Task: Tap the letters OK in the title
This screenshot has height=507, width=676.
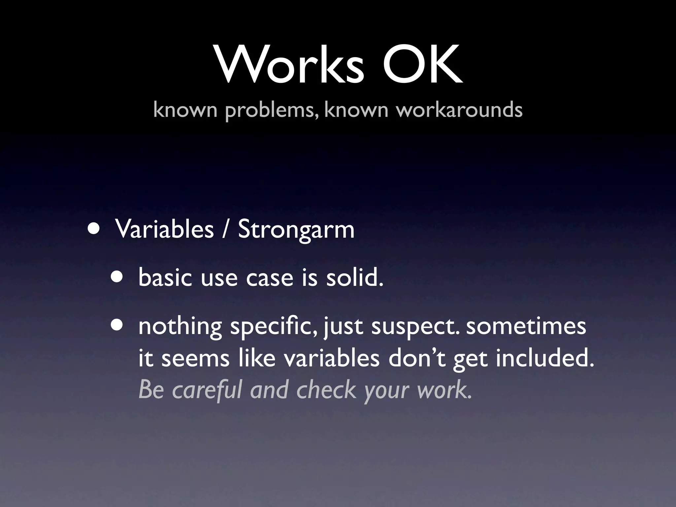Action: [x=422, y=64]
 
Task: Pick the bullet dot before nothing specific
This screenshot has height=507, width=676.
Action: [x=117, y=325]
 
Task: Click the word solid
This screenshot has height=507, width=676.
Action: [x=355, y=277]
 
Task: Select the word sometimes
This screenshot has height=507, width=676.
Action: [x=526, y=326]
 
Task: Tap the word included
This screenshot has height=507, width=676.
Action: [x=545, y=358]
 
